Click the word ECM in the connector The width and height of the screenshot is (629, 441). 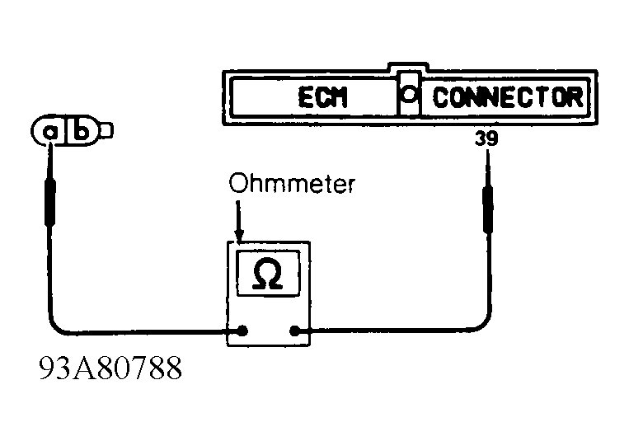[x=322, y=97]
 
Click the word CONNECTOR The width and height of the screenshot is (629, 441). [x=508, y=97]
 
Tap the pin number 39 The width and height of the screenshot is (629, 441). [x=486, y=138]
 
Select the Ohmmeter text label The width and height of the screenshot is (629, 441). [x=292, y=184]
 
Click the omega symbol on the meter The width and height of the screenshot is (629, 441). [x=268, y=274]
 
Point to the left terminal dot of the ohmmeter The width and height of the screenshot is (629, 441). [x=242, y=331]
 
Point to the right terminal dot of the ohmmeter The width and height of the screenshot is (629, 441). [x=295, y=331]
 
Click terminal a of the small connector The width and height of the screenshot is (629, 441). [x=49, y=132]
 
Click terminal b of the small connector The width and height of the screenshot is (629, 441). [x=82, y=130]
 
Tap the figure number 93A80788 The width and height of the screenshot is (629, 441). [x=110, y=368]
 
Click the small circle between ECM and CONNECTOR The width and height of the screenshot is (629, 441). [x=409, y=95]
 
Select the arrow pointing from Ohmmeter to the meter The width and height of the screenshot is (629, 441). [x=239, y=222]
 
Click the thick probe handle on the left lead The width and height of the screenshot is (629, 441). [x=50, y=202]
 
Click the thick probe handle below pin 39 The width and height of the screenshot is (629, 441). [x=488, y=209]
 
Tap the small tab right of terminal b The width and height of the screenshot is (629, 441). [x=106, y=130]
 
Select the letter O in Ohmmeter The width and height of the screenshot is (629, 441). [x=237, y=183]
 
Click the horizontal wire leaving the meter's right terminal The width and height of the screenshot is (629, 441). [x=389, y=330]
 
